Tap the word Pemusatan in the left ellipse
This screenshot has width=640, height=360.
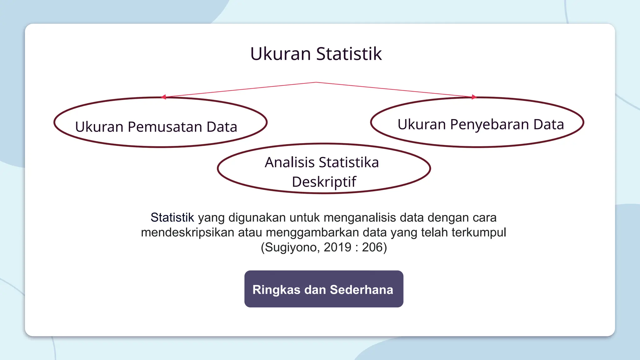click(165, 127)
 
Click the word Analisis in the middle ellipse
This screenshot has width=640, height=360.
click(290, 162)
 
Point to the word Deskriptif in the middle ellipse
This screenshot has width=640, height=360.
click(324, 182)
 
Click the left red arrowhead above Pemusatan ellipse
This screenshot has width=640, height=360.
click(163, 97)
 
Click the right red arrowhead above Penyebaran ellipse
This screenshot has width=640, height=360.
click(474, 97)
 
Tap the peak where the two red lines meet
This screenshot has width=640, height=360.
click(316, 82)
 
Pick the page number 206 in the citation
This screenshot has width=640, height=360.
click(372, 247)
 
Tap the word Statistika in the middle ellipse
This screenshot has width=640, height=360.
click(348, 162)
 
